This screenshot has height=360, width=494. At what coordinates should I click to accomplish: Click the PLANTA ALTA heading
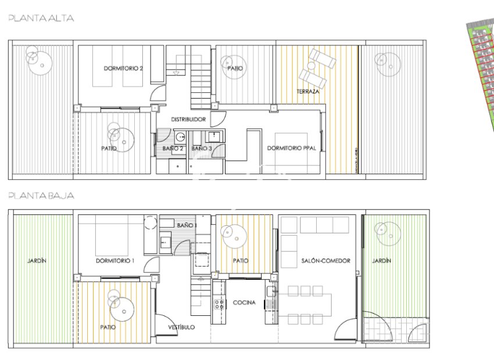(x=41, y=19)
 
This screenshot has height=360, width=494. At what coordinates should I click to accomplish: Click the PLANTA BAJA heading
(x=41, y=196)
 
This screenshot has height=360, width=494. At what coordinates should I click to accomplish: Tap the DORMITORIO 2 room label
(x=123, y=68)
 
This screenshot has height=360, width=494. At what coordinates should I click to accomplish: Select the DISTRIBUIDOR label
(x=188, y=119)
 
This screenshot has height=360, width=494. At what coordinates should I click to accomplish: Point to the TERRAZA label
(x=307, y=92)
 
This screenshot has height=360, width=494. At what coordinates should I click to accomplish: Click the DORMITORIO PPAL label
(x=291, y=148)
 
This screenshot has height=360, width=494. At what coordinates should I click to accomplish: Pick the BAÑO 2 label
(x=173, y=149)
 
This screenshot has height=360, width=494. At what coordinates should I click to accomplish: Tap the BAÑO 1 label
(x=187, y=225)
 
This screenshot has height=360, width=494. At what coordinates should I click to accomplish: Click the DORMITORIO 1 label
(x=114, y=261)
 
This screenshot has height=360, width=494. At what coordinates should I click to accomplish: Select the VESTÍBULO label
(x=181, y=327)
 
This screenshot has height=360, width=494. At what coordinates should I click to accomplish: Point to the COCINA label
(x=244, y=303)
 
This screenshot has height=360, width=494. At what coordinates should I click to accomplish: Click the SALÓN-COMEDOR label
(x=325, y=261)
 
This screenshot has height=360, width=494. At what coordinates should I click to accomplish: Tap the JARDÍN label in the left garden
(x=37, y=261)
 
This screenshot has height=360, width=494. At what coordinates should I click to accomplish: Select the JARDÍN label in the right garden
(x=382, y=261)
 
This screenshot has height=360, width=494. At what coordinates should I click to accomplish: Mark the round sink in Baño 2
(x=181, y=138)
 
